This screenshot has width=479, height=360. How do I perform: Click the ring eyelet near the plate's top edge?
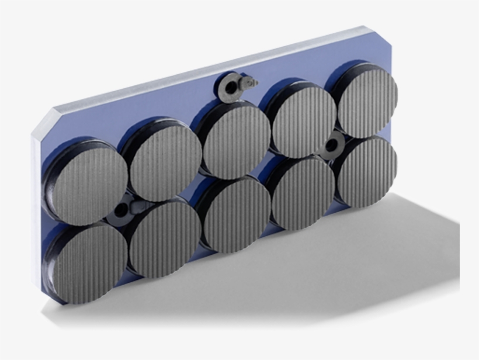tap(232, 86)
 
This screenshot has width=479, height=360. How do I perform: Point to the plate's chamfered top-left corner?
tap(43, 120)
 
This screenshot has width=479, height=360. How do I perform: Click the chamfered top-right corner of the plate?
tap(383, 34)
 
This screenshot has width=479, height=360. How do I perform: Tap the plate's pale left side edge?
tap(36, 205)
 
